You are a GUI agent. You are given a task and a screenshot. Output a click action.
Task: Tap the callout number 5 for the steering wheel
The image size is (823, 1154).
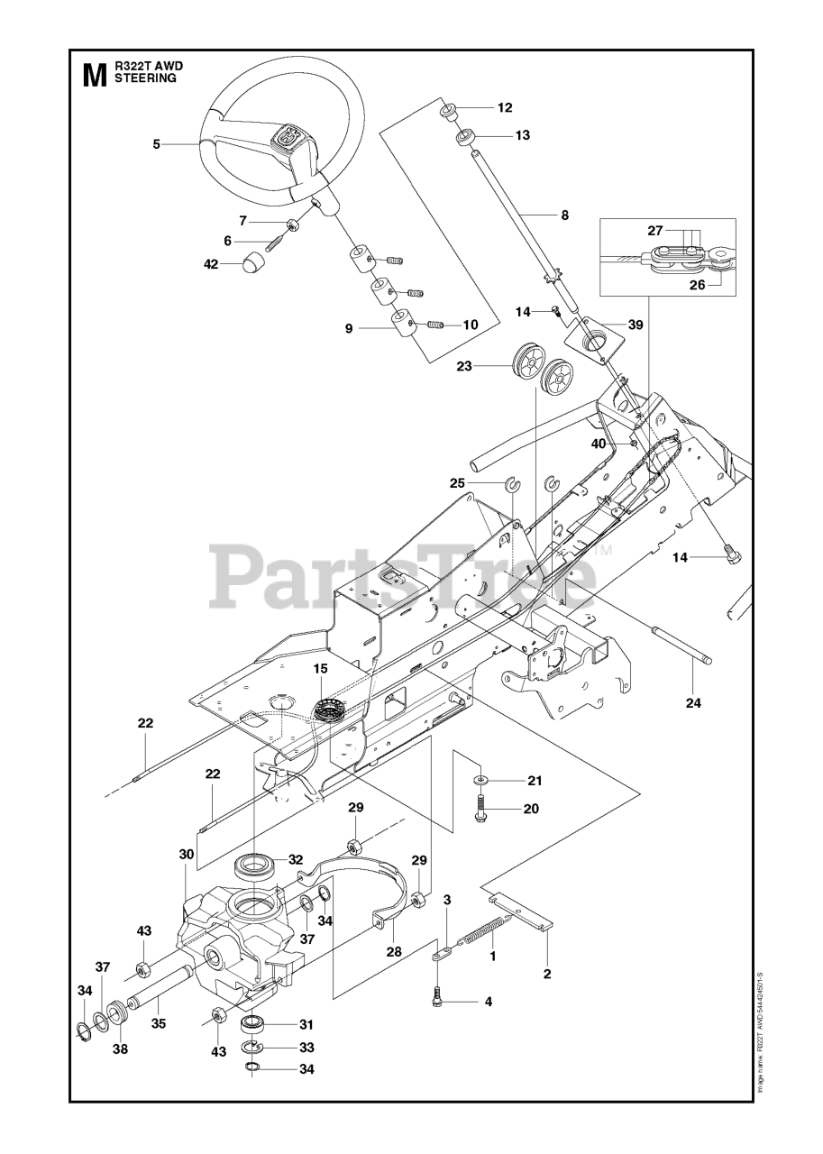point(157,144)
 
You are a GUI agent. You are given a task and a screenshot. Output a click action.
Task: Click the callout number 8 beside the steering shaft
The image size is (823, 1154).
point(565,215)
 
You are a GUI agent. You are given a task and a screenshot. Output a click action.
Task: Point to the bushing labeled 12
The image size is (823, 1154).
point(450,112)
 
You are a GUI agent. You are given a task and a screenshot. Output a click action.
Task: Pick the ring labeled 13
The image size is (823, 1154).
point(465,138)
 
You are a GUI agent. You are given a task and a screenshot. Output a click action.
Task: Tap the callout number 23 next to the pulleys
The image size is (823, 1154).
point(464,366)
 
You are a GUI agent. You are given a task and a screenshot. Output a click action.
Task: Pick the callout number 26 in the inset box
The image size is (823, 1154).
point(698,284)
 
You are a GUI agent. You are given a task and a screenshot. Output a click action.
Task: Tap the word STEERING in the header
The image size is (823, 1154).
point(145,78)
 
